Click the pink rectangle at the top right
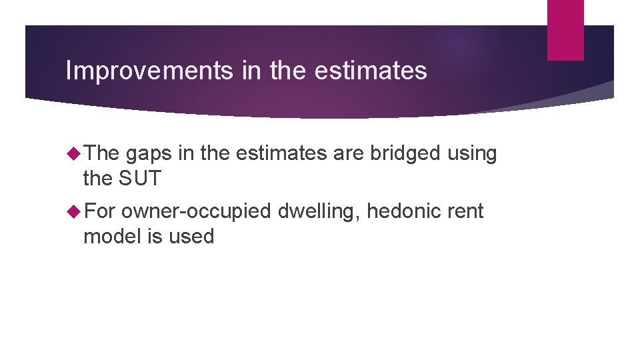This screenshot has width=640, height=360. [x=565, y=30]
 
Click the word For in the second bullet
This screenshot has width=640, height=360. [x=100, y=212]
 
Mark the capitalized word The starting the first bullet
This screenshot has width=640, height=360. [x=101, y=154]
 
